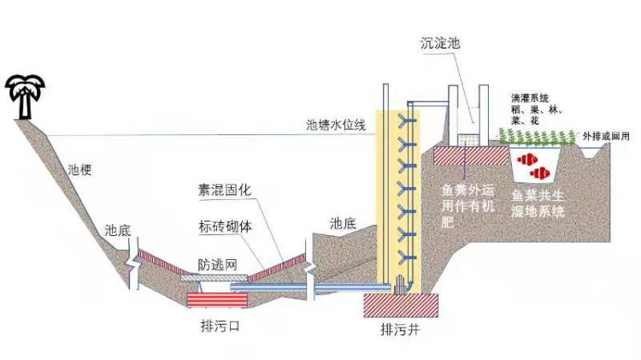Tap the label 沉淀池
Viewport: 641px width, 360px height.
[x=441, y=42]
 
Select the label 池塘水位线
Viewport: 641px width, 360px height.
[x=336, y=125]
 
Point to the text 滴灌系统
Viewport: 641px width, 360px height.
[x=530, y=98]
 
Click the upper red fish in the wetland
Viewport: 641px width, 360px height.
[x=528, y=157]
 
